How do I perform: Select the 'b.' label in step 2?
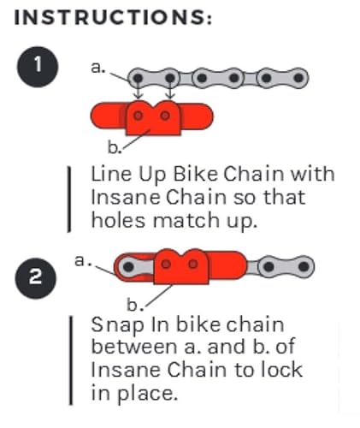pyautogui.click(x=133, y=304)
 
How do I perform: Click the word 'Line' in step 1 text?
pyautogui.click(x=109, y=174)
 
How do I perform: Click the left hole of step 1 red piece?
pyautogui.click(x=139, y=114)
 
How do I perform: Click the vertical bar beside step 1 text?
pyautogui.click(x=68, y=198)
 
